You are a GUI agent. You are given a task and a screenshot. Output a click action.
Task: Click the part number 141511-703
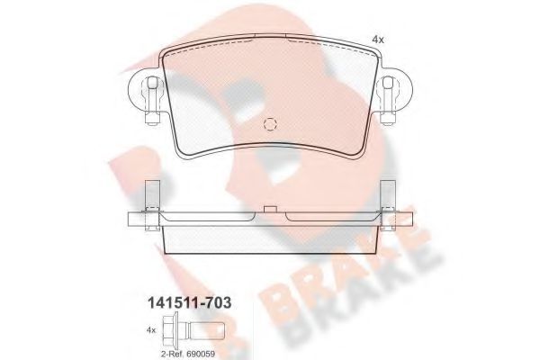click(189, 303)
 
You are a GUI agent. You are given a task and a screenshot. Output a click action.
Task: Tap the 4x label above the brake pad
click(378, 40)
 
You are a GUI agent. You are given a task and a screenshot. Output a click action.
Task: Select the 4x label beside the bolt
click(151, 330)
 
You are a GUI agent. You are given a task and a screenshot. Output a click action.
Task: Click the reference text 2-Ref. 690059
click(188, 354)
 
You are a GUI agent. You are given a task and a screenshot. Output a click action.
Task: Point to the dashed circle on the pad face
click(270, 124)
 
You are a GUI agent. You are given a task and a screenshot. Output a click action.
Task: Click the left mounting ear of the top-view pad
click(144, 90)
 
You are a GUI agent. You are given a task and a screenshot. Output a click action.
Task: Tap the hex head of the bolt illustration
click(169, 329)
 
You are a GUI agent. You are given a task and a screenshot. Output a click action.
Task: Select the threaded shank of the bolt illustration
click(207, 330)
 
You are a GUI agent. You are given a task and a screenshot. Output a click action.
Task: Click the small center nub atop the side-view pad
click(270, 209)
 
